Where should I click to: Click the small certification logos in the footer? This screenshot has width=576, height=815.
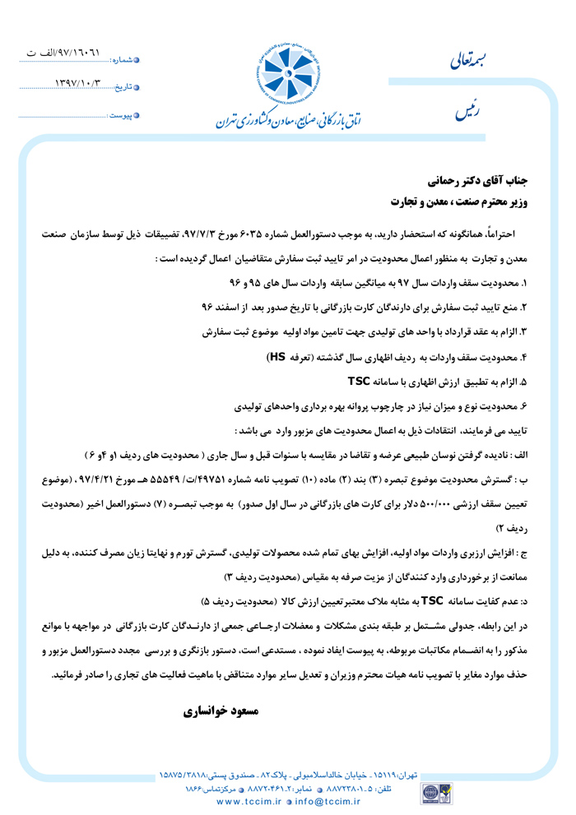430,793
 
